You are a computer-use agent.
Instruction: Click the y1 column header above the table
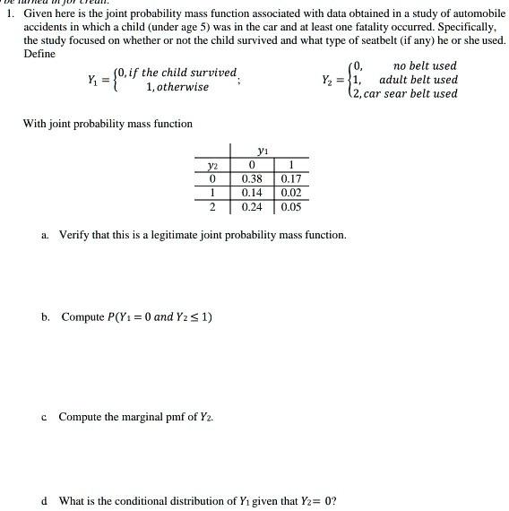[x=262, y=151]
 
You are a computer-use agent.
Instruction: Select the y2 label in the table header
[x=212, y=165]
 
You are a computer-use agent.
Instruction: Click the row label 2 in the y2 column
[x=212, y=206]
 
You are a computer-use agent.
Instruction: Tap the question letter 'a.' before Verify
[x=45, y=235]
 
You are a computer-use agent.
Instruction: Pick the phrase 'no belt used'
[x=425, y=66]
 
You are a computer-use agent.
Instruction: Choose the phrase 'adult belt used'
[x=418, y=80]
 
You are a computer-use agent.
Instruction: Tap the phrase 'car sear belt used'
[x=410, y=93]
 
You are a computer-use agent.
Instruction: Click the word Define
[x=39, y=54]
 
